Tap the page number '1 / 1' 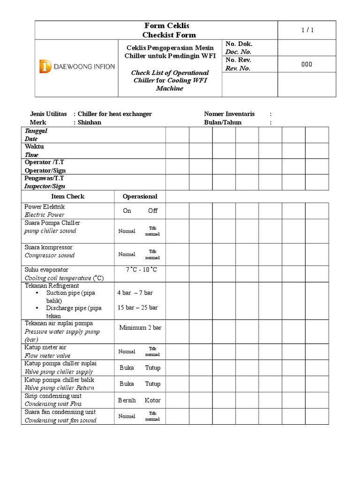pos(307,30)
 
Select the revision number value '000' pos(307,64)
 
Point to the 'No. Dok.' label pos(239,44)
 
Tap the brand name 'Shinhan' pos(90,122)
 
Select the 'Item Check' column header pos(68,196)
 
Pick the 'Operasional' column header pos(140,196)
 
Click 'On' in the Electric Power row pos(127,210)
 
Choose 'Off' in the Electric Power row pos(153,210)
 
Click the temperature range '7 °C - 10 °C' pos(141,270)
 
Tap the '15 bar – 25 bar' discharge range pos(137,307)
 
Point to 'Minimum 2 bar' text pos(140,328)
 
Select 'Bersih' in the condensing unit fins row pos(127,400)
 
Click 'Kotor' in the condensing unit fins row pos(153,400)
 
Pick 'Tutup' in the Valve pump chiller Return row pos(153,383)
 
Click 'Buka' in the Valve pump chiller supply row pos(127,367)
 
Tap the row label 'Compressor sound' pos(50,255)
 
